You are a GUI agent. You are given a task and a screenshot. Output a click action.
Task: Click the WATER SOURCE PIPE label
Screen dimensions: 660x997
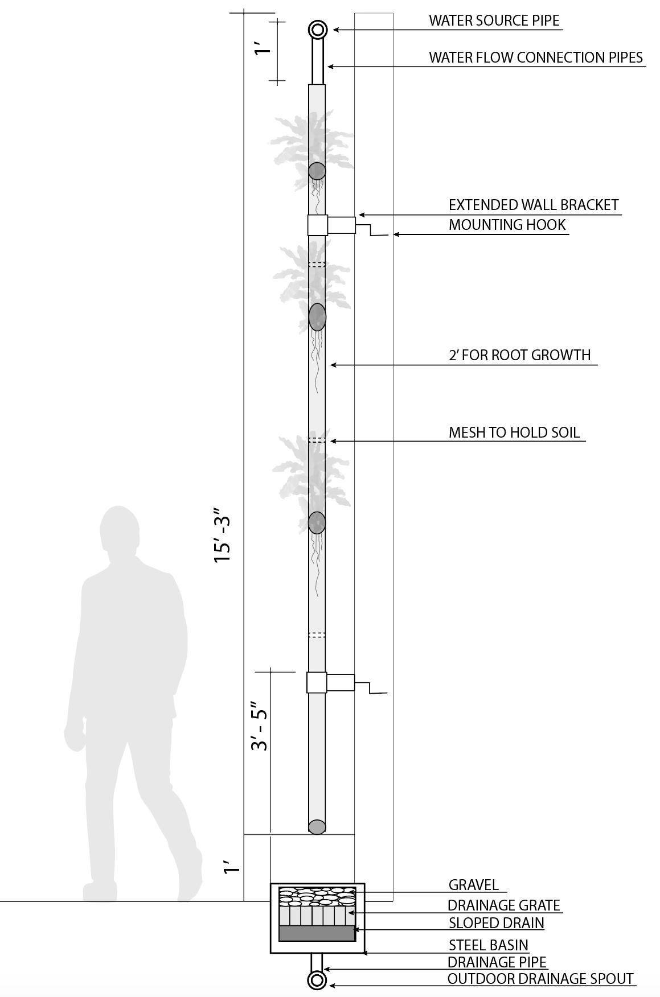494,21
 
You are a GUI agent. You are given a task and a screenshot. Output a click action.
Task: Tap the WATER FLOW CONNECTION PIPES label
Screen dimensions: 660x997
535,57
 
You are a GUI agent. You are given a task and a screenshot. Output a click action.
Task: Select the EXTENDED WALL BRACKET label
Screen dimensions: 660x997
533,205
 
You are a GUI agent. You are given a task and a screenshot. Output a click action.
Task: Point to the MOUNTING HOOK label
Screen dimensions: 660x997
507,225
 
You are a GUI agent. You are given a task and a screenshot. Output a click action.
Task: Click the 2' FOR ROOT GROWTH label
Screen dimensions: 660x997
519,355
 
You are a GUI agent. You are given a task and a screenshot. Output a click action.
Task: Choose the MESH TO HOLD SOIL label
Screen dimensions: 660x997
514,432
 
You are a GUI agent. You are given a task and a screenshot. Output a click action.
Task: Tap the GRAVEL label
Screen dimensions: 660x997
473,885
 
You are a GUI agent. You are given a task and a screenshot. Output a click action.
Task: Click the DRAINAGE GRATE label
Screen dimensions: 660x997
503,905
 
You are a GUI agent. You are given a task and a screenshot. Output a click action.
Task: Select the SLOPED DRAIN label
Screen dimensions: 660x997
496,923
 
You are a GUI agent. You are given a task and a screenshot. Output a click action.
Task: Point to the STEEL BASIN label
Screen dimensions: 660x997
488,945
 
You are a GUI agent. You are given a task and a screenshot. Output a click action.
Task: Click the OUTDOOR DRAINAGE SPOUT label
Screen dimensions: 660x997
540,979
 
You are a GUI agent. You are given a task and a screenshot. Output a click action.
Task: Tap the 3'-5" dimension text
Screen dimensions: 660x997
260,729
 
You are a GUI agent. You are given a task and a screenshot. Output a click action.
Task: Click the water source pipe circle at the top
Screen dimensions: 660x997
317,30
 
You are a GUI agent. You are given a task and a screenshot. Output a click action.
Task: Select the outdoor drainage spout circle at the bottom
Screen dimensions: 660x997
317,980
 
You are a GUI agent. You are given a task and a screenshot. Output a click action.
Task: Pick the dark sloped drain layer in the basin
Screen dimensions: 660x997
317,933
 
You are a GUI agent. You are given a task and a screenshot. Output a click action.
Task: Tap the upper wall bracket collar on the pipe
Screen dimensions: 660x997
317,225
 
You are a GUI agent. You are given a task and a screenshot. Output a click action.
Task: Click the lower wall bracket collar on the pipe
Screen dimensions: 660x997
317,682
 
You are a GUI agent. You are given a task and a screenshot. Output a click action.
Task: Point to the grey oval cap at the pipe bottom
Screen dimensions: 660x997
317,827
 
